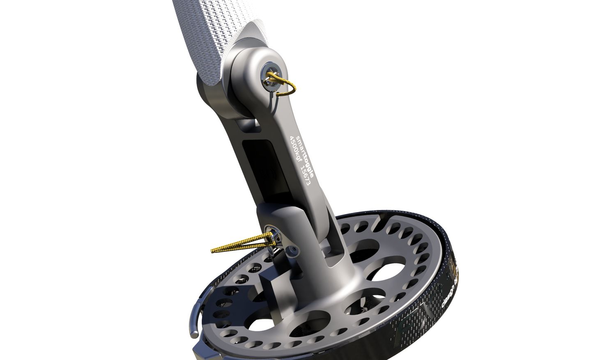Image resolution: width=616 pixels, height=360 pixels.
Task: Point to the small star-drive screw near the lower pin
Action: click(293, 250)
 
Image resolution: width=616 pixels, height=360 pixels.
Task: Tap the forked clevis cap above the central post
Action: click(283, 218)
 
